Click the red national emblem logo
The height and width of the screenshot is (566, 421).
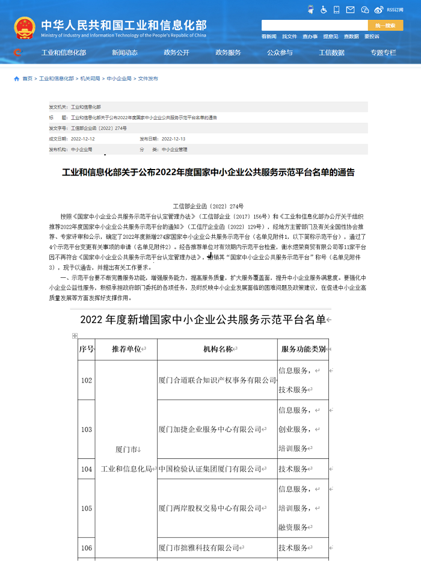25,28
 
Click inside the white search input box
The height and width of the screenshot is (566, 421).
314,25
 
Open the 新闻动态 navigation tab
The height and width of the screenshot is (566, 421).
124,52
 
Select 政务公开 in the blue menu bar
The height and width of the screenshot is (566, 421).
176,52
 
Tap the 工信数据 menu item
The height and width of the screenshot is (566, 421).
331,52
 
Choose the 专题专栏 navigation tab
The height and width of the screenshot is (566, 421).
383,52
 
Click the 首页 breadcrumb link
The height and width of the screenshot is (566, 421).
27,79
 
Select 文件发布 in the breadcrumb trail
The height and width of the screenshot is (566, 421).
148,79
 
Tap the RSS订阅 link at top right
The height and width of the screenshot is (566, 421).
395,10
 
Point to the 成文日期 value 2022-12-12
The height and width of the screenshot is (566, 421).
83,138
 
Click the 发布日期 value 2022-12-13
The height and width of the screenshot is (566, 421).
173,138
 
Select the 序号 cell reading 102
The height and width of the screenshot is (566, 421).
87,380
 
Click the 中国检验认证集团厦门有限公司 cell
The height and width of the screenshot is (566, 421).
210,469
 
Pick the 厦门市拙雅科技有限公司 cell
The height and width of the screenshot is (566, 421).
199,548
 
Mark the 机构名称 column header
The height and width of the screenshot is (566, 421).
218,349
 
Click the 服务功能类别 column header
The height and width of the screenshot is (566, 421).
303,349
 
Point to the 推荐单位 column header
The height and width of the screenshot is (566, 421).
126,349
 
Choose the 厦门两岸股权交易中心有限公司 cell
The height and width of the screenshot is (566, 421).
210,508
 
